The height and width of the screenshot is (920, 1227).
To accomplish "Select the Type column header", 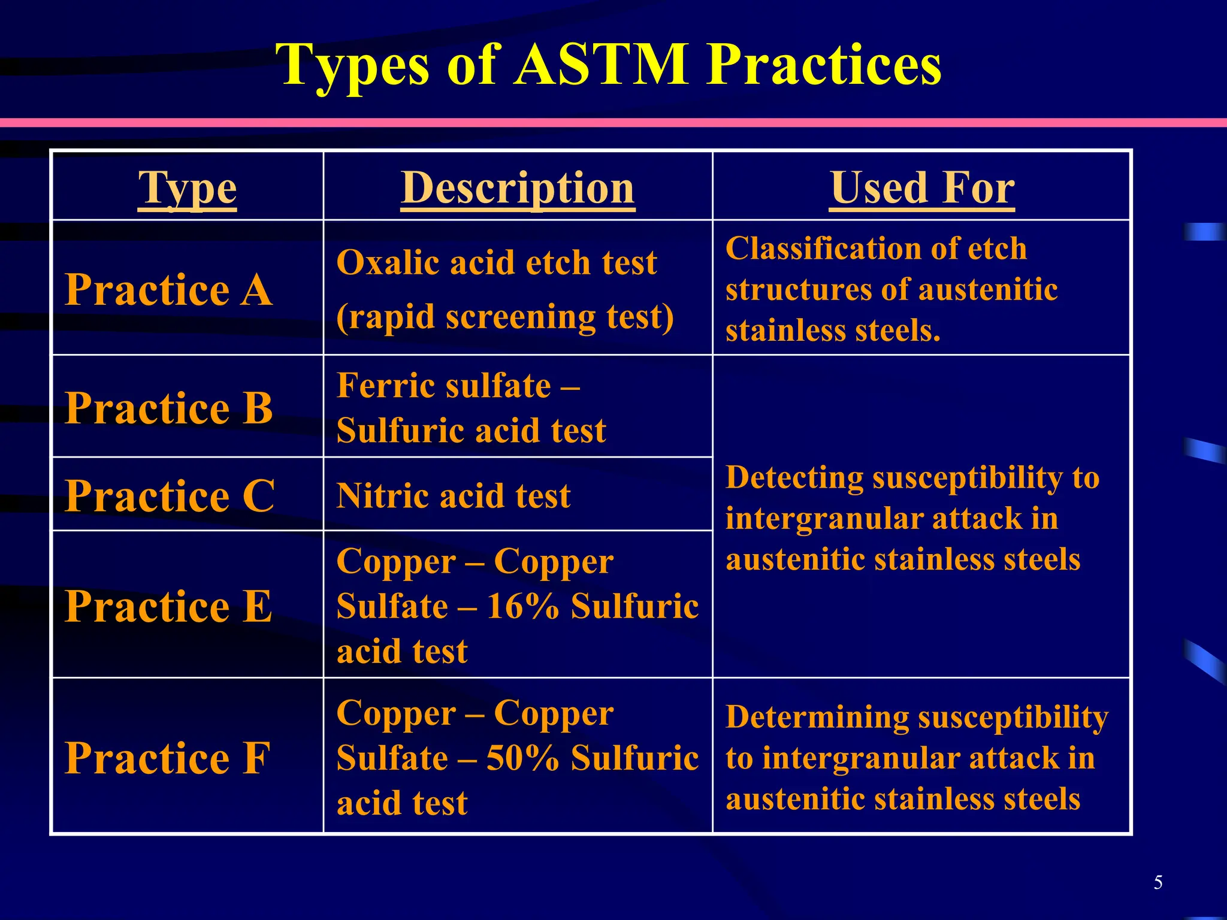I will pos(187,188).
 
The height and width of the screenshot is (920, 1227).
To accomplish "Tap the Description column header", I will pos(518,188).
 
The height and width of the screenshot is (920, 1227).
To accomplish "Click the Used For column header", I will pos(921,188).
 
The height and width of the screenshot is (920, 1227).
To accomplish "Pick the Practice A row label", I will pos(169,290).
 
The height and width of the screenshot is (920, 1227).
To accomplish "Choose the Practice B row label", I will pos(169,408).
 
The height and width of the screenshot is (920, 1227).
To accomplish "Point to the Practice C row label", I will pos(170,496).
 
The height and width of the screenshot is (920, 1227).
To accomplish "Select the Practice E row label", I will pos(169,606).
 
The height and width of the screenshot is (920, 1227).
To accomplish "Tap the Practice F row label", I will pos(168,758).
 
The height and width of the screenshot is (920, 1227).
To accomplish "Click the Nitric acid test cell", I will pos(454,496).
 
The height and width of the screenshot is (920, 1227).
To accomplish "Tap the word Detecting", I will pos(794,478).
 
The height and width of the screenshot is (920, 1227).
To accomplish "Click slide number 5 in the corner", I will pos(1158,882).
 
